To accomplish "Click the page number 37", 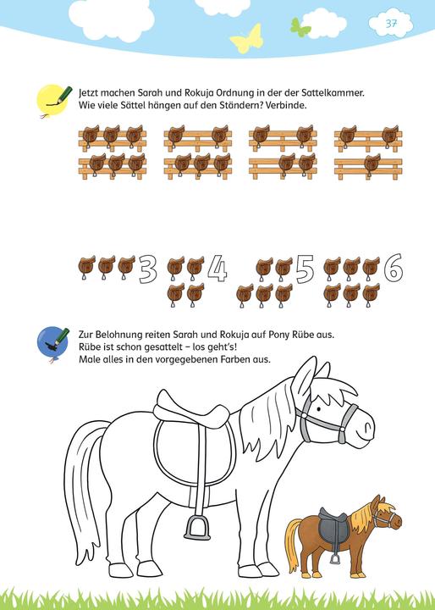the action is (391, 24).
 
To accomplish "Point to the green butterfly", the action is (300, 27).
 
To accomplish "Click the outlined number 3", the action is (148, 269).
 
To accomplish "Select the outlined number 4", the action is (217, 268).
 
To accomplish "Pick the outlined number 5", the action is (305, 269).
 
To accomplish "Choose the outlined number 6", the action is (394, 267).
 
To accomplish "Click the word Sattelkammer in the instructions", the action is (333, 93).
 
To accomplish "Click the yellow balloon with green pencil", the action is (52, 100).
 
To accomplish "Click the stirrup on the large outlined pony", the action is (197, 527).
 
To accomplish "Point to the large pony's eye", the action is (319, 409).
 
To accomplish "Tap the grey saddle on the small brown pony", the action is (333, 526).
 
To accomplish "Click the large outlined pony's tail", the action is (85, 486).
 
